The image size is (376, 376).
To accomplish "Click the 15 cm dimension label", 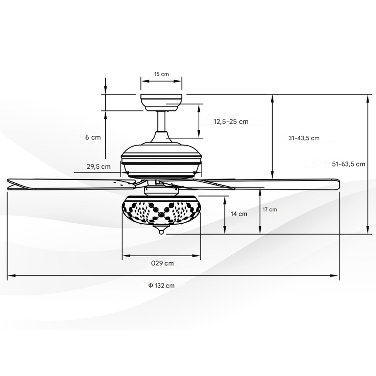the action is pos(161,74).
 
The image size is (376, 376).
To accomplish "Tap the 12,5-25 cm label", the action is pos(231,122).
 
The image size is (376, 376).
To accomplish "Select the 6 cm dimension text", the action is pos(93,137).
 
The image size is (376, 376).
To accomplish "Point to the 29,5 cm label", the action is pos(99,166).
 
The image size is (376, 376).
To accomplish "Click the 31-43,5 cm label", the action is pos(304,138).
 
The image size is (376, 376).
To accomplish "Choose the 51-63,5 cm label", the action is pos(348,164).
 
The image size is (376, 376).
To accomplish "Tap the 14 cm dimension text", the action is pos(239,214).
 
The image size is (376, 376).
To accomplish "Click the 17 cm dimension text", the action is pos(270,210).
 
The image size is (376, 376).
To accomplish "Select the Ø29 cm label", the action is pos(162,263).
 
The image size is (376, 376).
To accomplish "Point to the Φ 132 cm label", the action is pos(161,286).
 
